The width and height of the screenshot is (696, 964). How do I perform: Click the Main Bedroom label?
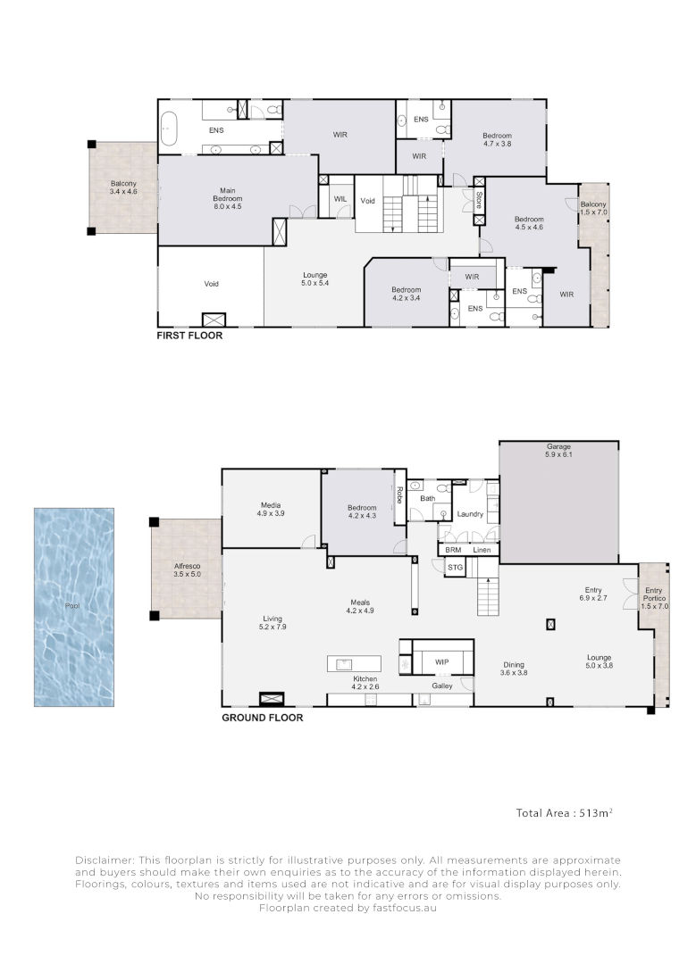(228, 198)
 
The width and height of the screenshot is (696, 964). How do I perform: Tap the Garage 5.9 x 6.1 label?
(558, 451)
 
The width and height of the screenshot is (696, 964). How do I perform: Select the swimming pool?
(74, 607)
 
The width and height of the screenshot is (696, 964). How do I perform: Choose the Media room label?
(271, 509)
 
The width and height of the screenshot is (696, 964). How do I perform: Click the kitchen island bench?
(354, 664)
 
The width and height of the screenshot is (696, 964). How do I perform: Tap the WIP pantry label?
(442, 662)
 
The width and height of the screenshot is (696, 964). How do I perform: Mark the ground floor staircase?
(488, 595)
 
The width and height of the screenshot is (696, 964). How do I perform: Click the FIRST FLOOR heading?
(189, 335)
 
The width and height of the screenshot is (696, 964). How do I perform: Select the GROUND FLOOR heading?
(262, 718)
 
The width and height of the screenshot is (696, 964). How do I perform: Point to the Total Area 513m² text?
(565, 813)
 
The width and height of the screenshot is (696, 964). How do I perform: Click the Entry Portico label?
(654, 598)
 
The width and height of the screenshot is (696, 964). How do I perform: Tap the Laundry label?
(470, 514)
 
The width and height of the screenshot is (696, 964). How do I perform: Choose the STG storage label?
(455, 568)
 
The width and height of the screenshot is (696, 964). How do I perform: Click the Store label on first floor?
(479, 201)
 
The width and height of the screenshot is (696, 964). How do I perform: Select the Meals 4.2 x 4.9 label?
(360, 607)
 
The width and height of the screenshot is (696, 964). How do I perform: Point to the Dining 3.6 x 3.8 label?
(514, 669)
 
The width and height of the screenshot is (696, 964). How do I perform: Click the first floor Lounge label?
(315, 279)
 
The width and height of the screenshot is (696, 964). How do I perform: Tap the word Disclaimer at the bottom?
(104, 860)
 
